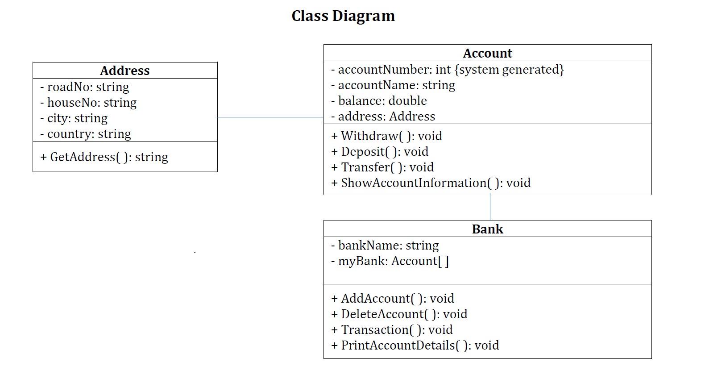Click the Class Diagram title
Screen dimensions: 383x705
pos(343,16)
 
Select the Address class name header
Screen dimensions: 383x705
pos(125,71)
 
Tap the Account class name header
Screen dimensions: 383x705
pos(487,53)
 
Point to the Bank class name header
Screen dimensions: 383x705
pos(487,229)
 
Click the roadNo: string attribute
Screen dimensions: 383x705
pos(85,87)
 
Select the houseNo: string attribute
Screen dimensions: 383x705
pos(88,103)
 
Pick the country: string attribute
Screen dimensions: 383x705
pos(86,134)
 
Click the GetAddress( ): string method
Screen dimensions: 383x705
pos(104,157)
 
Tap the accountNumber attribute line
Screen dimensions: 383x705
pos(447,70)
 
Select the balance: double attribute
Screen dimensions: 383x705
pos(379,101)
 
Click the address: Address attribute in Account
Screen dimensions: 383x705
pos(383,117)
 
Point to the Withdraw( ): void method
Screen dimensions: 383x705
pos(386,136)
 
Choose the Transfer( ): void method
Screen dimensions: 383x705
pos(382,167)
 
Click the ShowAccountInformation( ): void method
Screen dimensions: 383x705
pos(431,183)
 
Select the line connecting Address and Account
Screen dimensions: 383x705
pos(270,117)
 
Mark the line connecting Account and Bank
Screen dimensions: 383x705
pos(490,207)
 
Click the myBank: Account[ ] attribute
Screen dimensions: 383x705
pos(390,261)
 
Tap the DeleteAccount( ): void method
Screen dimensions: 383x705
pos(399,314)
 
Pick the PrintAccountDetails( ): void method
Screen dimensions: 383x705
pos(415,346)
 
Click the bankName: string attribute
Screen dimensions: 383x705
pos(385,246)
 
